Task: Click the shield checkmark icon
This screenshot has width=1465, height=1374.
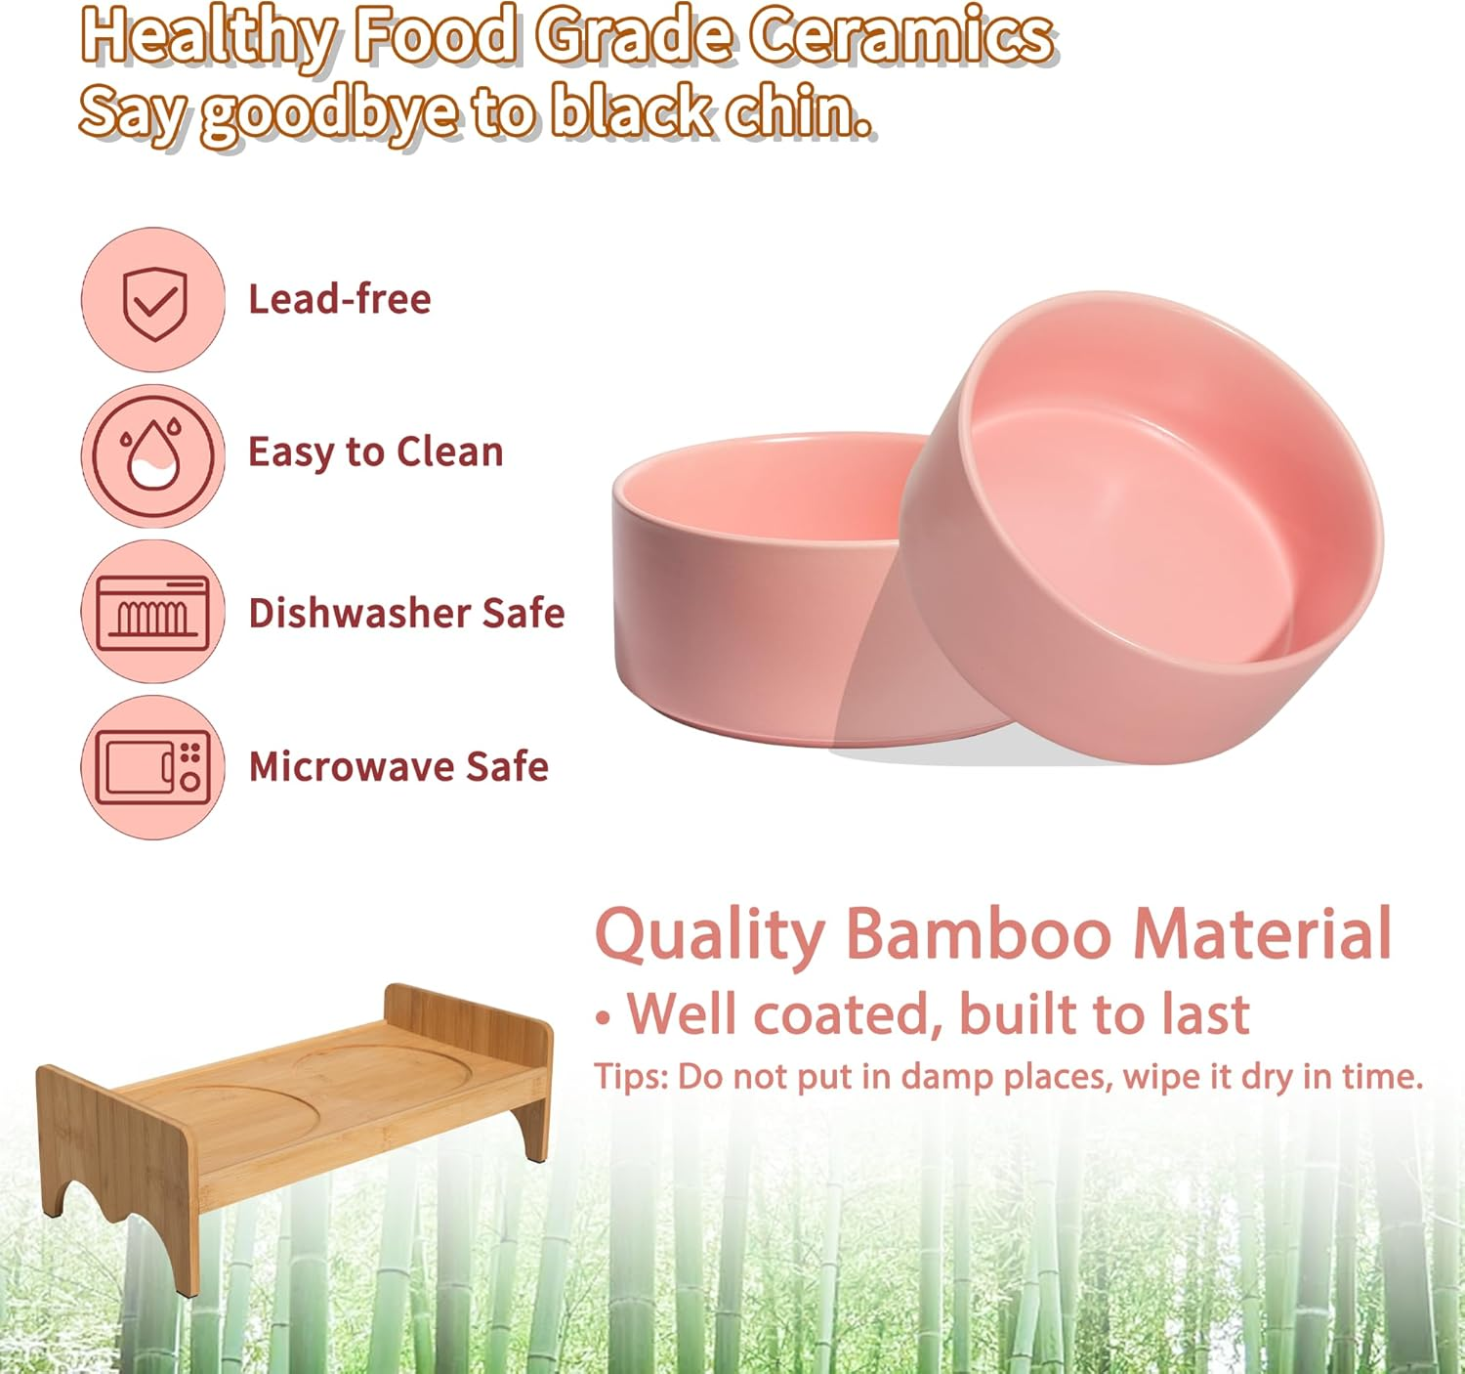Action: pos(153,300)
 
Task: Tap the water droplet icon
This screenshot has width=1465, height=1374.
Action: pos(153,454)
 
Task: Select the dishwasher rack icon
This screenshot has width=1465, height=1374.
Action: pos(153,612)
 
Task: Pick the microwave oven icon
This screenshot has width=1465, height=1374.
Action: pos(153,767)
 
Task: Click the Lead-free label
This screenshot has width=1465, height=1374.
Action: pos(339,299)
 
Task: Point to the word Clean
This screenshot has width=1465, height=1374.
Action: pos(450,452)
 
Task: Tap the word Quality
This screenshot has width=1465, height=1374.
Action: pos(710,936)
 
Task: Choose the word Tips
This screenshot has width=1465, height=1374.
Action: pos(631,1077)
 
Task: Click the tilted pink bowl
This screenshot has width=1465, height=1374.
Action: pos(1143,528)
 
